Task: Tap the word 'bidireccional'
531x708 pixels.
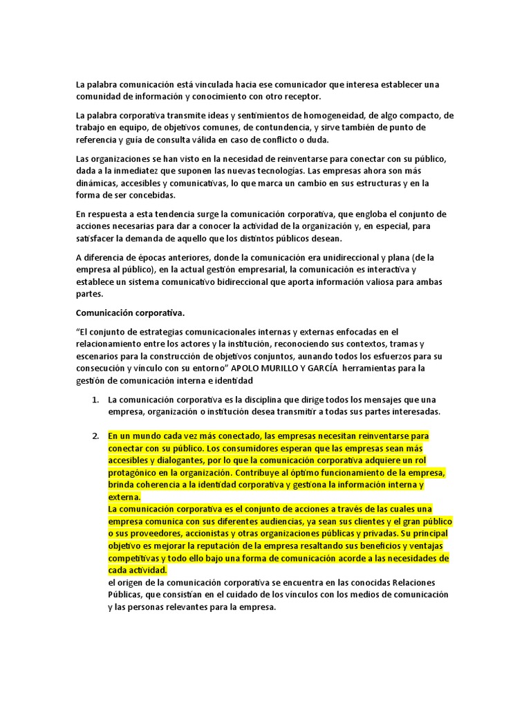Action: [x=254, y=282]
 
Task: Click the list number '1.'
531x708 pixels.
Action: [x=96, y=400]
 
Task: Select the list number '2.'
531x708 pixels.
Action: [x=96, y=436]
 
